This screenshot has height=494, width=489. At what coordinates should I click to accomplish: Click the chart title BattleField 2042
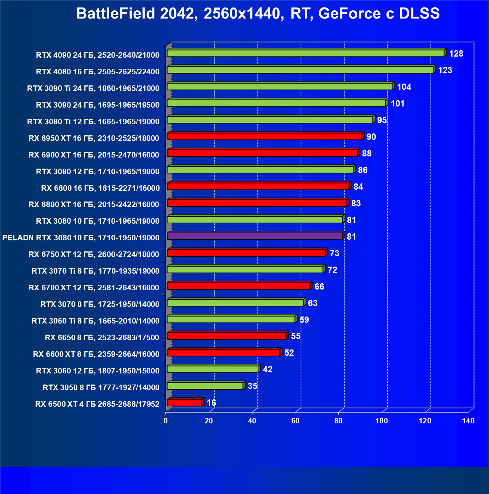click(258, 14)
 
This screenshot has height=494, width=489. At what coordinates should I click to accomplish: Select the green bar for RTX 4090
click(305, 53)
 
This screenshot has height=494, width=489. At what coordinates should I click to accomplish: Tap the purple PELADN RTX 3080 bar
click(255, 236)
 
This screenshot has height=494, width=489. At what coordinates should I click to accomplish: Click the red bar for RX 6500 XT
click(184, 402)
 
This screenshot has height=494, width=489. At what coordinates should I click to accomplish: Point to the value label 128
click(456, 54)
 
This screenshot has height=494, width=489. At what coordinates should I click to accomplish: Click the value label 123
click(445, 70)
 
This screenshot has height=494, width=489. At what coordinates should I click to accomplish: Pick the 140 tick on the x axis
click(468, 421)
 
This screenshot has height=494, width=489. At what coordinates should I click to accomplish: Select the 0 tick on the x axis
click(165, 421)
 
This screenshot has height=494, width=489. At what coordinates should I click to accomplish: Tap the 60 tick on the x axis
click(295, 421)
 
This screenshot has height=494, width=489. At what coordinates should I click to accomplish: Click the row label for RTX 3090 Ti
click(93, 88)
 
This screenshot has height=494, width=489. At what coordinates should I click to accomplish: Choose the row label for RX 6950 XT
click(94, 138)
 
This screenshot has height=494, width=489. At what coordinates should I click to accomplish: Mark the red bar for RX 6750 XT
click(246, 253)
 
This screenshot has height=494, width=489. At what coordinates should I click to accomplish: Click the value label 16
click(211, 403)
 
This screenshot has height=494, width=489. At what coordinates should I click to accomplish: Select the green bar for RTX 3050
click(205, 386)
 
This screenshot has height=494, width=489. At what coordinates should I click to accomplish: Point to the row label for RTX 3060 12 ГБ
click(98, 371)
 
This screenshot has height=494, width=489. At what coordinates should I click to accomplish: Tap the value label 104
click(404, 87)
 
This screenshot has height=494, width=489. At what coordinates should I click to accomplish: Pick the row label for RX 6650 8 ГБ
click(102, 338)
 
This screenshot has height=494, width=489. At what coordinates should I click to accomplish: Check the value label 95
click(382, 120)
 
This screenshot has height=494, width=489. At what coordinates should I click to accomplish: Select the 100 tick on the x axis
click(382, 421)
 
